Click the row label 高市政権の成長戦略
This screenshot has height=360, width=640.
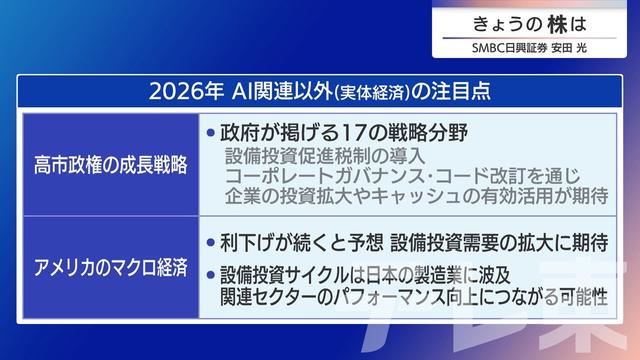click(110, 164)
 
